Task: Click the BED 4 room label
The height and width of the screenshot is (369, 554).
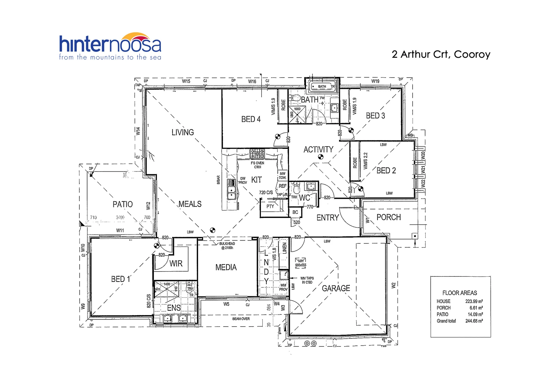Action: (x=251, y=119)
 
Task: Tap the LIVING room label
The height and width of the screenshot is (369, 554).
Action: (x=182, y=132)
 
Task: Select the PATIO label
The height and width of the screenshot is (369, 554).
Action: (x=123, y=204)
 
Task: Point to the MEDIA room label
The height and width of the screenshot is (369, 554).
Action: (x=226, y=268)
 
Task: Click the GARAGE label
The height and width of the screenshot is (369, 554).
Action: (x=336, y=288)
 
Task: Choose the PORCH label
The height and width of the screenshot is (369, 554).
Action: (x=388, y=217)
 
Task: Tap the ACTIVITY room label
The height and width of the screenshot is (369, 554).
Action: (x=318, y=150)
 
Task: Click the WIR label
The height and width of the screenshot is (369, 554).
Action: (x=176, y=263)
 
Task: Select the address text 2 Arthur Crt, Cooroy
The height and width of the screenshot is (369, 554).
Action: (x=441, y=54)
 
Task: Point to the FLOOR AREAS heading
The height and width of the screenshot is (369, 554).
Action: (x=459, y=293)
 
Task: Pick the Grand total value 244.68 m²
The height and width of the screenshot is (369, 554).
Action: (x=474, y=321)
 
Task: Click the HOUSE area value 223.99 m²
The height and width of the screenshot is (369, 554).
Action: (x=474, y=301)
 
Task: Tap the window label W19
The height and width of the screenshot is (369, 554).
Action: (x=375, y=81)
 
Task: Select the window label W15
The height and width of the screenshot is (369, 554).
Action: (x=186, y=81)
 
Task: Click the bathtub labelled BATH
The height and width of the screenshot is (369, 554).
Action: (x=322, y=86)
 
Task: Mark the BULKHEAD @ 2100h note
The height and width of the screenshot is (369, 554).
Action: (x=227, y=246)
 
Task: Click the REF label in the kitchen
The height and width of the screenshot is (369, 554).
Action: (x=282, y=186)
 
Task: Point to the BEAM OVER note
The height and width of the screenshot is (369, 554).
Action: (x=241, y=319)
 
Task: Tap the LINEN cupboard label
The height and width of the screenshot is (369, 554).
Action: (x=285, y=247)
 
